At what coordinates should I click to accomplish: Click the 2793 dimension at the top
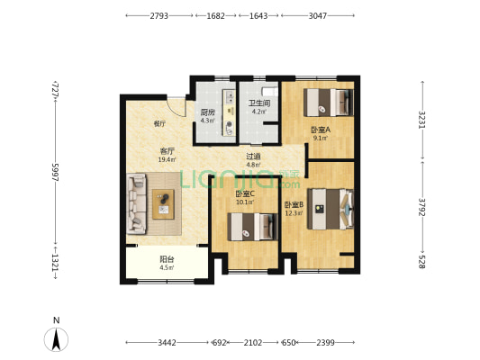click(158, 15)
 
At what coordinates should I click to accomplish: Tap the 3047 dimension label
click(318, 15)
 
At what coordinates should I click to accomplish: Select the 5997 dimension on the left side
click(55, 173)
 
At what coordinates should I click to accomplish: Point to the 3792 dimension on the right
click(422, 207)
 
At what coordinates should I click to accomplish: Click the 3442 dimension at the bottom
click(167, 343)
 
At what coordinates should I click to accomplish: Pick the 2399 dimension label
click(325, 343)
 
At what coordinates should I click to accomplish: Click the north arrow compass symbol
click(56, 339)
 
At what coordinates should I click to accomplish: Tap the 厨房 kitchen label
click(207, 112)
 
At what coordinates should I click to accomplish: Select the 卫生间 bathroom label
click(259, 103)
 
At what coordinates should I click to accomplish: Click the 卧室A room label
click(321, 130)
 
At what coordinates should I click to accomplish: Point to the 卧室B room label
click(294, 204)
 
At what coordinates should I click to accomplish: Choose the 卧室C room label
click(245, 193)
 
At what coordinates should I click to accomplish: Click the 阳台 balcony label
click(167, 259)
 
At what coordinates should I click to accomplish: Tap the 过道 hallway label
click(253, 157)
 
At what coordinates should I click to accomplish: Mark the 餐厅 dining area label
click(159, 123)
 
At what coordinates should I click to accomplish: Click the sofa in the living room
click(136, 204)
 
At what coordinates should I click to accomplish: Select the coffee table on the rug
click(163, 204)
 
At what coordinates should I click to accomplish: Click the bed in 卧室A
click(329, 103)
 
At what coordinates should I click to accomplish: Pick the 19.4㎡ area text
click(167, 159)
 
